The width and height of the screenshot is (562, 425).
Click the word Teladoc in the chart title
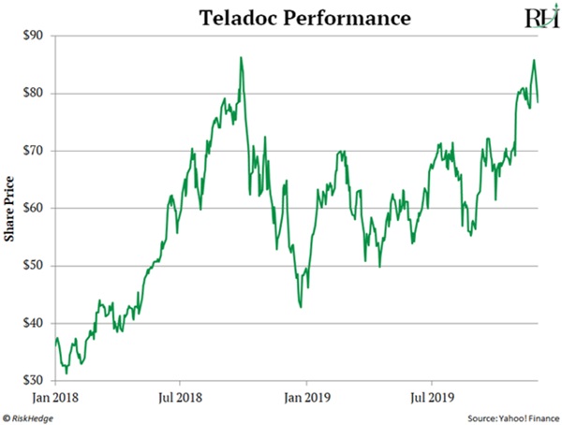231,17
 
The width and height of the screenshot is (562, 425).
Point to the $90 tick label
33,36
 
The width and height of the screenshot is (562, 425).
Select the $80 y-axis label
33,93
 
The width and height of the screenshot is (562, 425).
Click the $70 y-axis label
33,151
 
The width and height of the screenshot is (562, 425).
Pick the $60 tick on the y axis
33,208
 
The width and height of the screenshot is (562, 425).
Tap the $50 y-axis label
33,266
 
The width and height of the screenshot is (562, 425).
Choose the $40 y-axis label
33,323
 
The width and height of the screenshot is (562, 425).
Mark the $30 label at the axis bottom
33,381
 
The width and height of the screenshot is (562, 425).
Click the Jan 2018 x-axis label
55,396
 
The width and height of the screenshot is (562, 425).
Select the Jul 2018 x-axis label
180,396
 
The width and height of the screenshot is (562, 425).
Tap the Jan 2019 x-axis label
305,396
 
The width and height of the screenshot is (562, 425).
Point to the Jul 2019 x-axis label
431,396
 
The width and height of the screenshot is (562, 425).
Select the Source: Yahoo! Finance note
510,416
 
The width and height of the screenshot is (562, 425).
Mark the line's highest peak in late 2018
241,58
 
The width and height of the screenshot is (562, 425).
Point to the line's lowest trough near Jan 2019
300,306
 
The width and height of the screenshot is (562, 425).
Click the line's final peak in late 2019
534,62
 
